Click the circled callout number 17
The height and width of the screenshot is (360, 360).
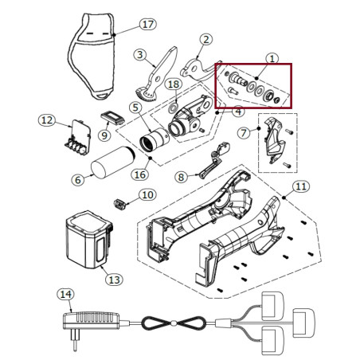tap(147, 24)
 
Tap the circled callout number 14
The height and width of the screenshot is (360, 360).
tap(65, 295)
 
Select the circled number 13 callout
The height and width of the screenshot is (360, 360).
tap(114, 280)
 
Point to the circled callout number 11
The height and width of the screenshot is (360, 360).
tap(299, 187)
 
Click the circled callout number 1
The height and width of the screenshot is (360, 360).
tap(272, 58)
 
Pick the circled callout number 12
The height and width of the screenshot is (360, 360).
tap(46, 120)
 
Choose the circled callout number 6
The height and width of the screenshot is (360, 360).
tap(77, 181)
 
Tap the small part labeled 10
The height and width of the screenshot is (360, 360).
tap(122, 204)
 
